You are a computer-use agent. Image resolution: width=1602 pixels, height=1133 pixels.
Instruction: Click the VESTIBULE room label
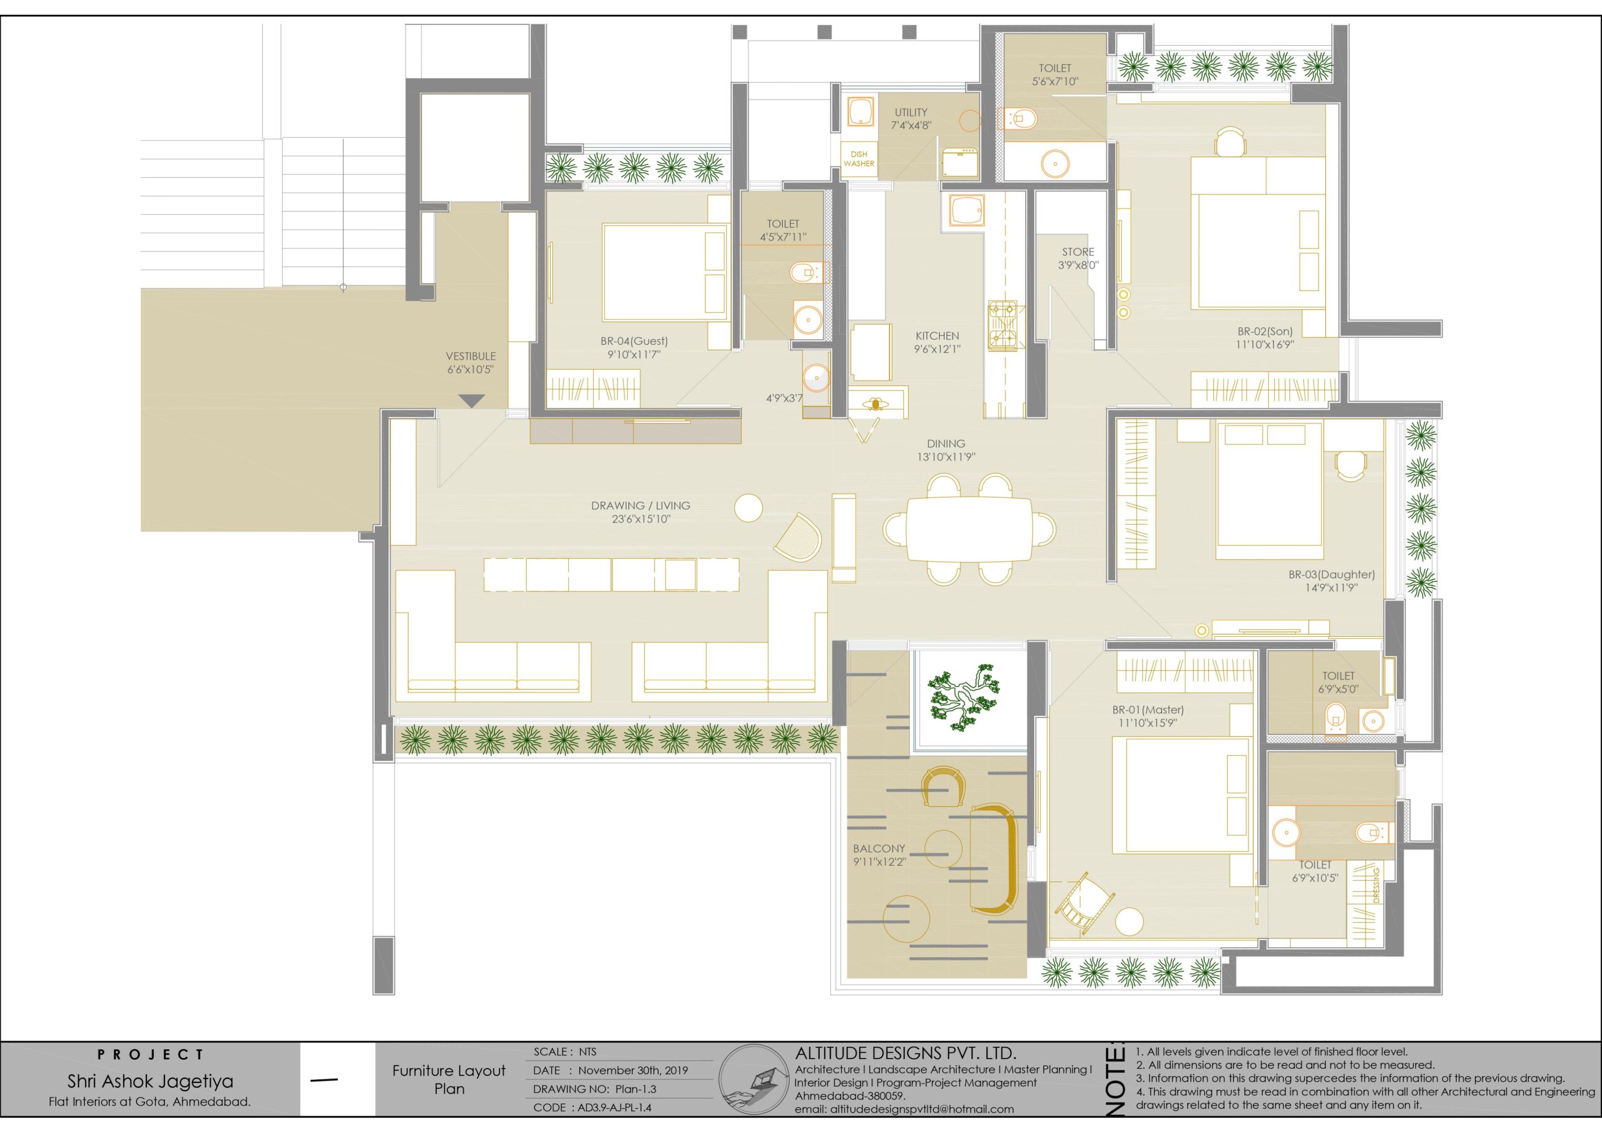click(x=471, y=356)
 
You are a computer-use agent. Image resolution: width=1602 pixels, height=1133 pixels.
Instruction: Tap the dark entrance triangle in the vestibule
click(x=472, y=400)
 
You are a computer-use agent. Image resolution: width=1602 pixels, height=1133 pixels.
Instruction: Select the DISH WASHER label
click(x=859, y=159)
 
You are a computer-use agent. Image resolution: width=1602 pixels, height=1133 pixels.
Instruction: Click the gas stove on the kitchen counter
click(x=1002, y=325)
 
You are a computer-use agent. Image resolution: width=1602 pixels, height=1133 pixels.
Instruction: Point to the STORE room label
click(x=1078, y=252)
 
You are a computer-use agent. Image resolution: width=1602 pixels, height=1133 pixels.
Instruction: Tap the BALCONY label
click(x=879, y=848)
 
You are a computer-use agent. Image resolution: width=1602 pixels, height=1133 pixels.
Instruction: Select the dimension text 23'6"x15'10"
click(x=641, y=519)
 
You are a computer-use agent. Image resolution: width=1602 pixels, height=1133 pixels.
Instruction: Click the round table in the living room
click(x=748, y=507)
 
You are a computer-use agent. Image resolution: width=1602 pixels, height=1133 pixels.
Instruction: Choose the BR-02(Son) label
click(x=1265, y=332)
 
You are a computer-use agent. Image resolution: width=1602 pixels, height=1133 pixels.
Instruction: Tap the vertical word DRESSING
click(x=1377, y=885)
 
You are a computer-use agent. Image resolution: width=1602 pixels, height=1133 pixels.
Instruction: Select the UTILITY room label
click(x=911, y=113)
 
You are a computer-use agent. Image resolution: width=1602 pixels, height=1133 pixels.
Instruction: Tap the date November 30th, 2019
click(x=632, y=1070)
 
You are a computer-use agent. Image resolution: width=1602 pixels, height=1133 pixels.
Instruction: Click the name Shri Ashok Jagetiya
click(x=150, y=1081)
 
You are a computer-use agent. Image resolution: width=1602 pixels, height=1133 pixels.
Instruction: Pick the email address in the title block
click(x=904, y=1109)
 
